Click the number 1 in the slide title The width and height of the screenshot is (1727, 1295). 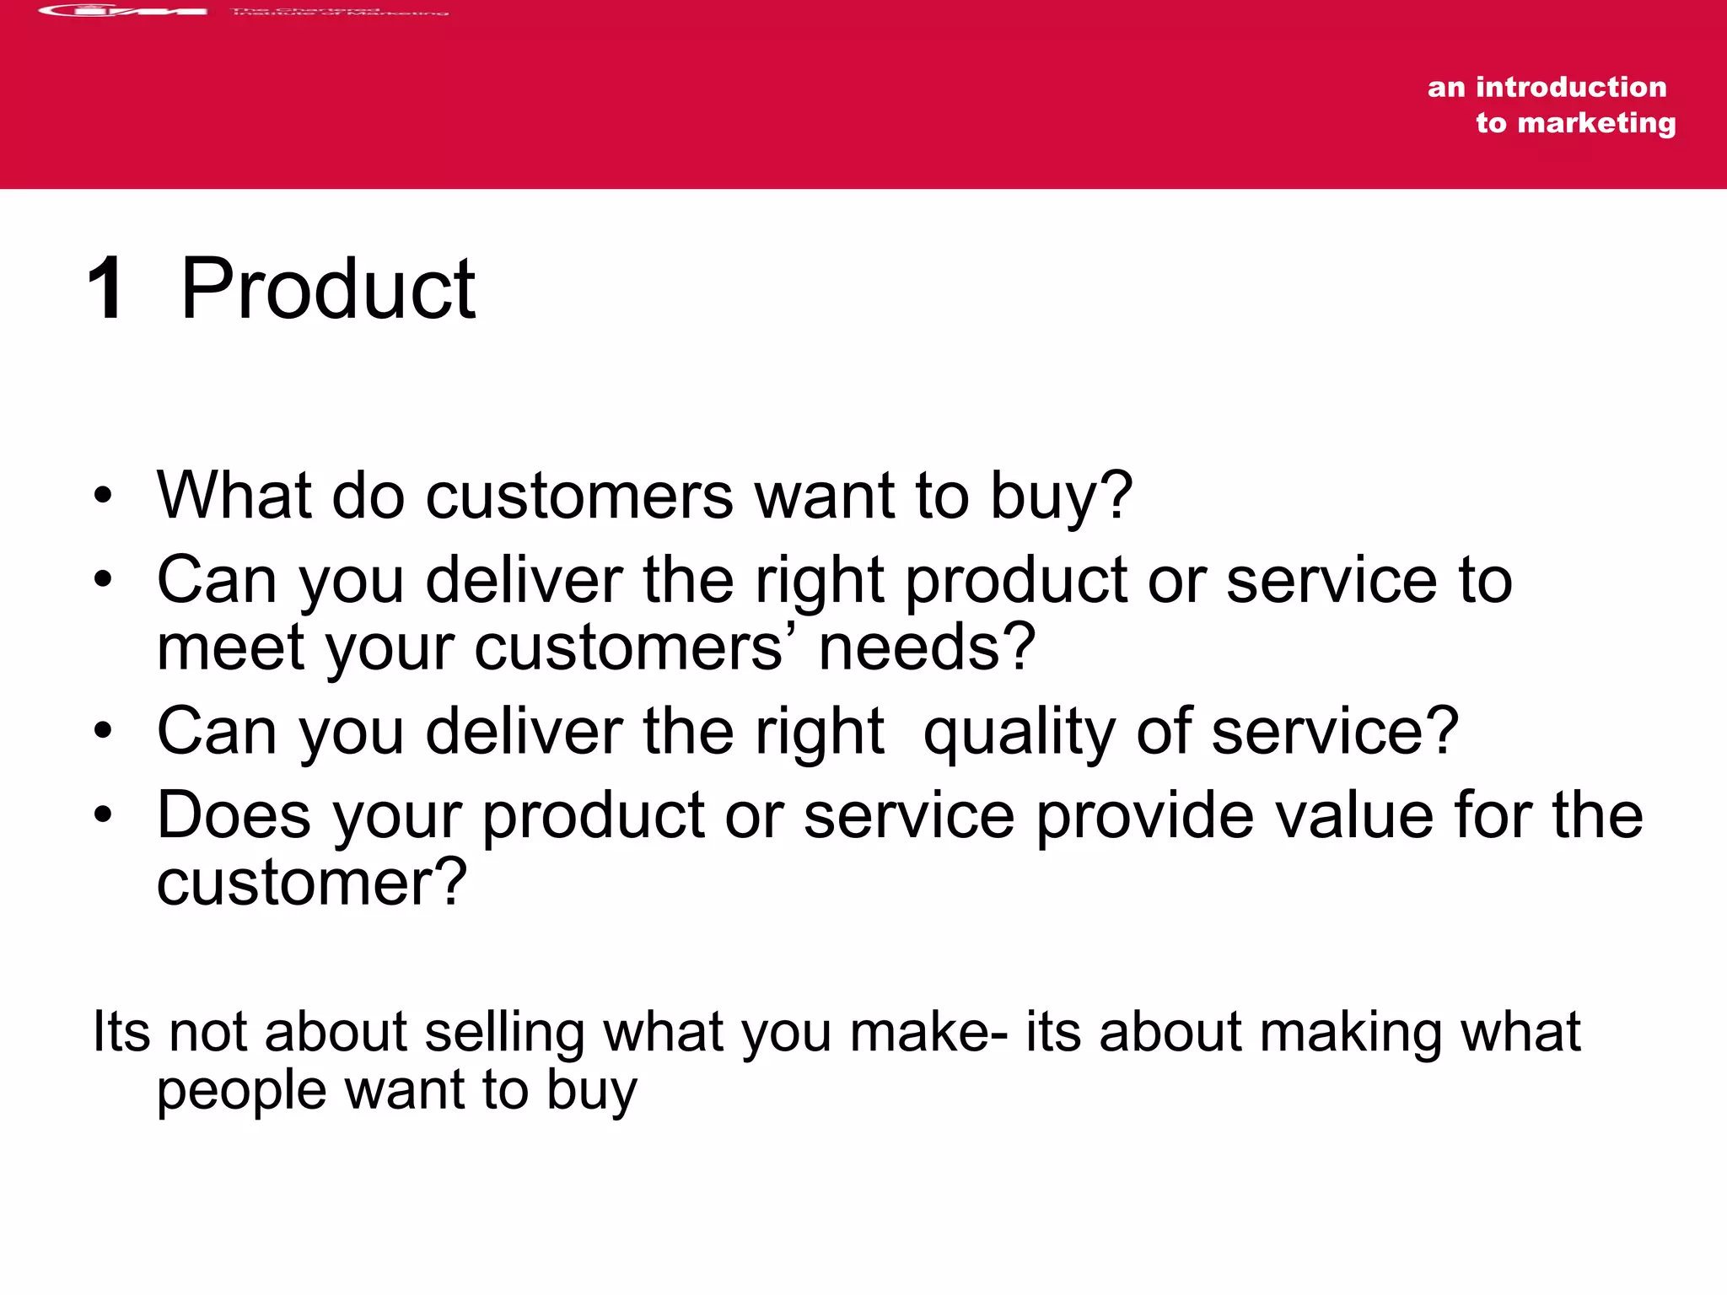[106, 289]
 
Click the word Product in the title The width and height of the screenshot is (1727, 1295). [328, 289]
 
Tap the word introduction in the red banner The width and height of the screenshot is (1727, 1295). [1571, 87]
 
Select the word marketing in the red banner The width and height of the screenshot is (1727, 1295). [1596, 123]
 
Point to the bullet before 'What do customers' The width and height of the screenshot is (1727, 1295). [103, 496]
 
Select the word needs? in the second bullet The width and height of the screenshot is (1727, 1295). [927, 647]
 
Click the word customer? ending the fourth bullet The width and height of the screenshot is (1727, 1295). [311, 883]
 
